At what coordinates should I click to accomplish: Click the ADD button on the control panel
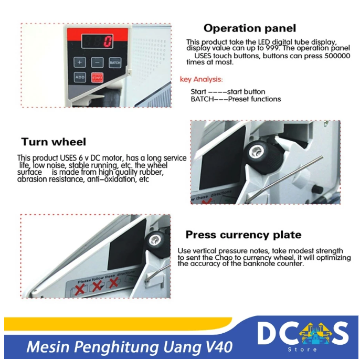[80, 77]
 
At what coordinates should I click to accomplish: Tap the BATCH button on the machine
[115, 62]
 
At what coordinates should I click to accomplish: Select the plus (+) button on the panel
[80, 62]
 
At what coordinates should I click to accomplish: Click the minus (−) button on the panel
[97, 62]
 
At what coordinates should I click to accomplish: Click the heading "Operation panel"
[249, 28]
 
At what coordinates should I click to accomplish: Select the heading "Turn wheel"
[54, 142]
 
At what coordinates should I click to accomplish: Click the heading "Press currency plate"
[243, 235]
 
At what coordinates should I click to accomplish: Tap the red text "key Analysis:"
[201, 80]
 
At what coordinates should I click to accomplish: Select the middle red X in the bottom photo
[97, 286]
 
